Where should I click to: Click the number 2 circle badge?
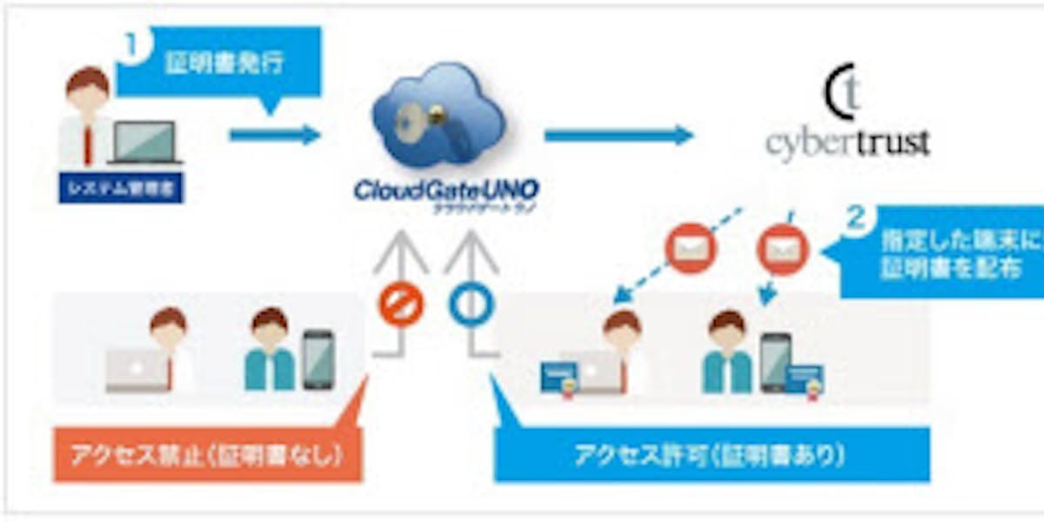(857, 219)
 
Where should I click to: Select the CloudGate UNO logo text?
(445, 191)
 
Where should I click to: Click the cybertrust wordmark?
(848, 142)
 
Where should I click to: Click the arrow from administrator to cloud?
(275, 135)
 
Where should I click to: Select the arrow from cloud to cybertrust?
(619, 135)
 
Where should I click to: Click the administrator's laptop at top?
(145, 144)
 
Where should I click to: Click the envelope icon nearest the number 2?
(782, 250)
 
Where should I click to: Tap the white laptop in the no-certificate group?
(135, 371)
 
